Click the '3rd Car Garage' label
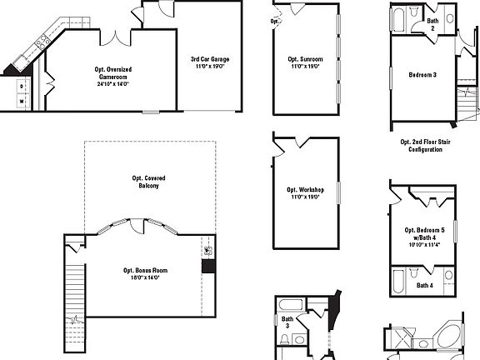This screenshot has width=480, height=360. (209, 59)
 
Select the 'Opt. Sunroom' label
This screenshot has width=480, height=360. (305, 59)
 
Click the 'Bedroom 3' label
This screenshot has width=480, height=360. (422, 75)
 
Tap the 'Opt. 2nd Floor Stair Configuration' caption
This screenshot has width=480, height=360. (421, 146)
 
